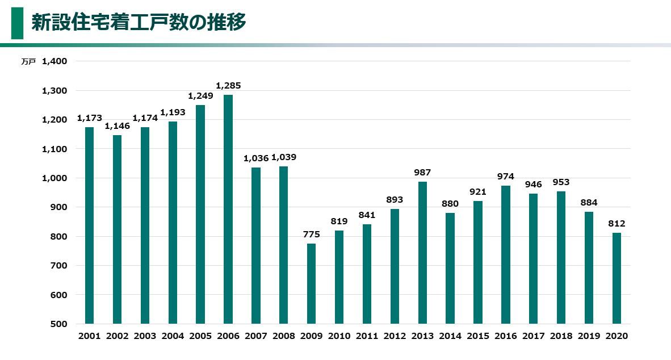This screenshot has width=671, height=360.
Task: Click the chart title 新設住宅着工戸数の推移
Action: coord(139,23)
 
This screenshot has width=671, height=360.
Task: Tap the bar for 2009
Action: coord(312,283)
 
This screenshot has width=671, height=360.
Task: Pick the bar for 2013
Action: coord(422,253)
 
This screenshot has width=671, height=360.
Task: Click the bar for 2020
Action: coord(617,278)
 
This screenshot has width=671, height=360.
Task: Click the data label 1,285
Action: coord(228,86)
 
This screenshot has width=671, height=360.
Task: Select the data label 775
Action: coord(312,235)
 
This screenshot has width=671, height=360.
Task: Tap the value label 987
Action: coord(422,173)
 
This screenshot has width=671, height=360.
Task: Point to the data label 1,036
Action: coord(256,158)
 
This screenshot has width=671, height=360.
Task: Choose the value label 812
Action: coord(617,224)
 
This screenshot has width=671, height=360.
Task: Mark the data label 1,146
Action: coord(117,126)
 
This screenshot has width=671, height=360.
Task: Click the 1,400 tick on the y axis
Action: coord(54,61)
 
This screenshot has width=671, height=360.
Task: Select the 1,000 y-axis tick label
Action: coord(54,178)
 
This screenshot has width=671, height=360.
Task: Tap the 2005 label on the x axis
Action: coord(200,336)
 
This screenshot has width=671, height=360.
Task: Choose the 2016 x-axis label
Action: coord(506,336)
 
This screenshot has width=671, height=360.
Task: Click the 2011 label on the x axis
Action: coord(367,336)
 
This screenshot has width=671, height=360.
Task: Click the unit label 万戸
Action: coord(28,62)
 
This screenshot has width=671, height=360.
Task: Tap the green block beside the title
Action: coord(18,23)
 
